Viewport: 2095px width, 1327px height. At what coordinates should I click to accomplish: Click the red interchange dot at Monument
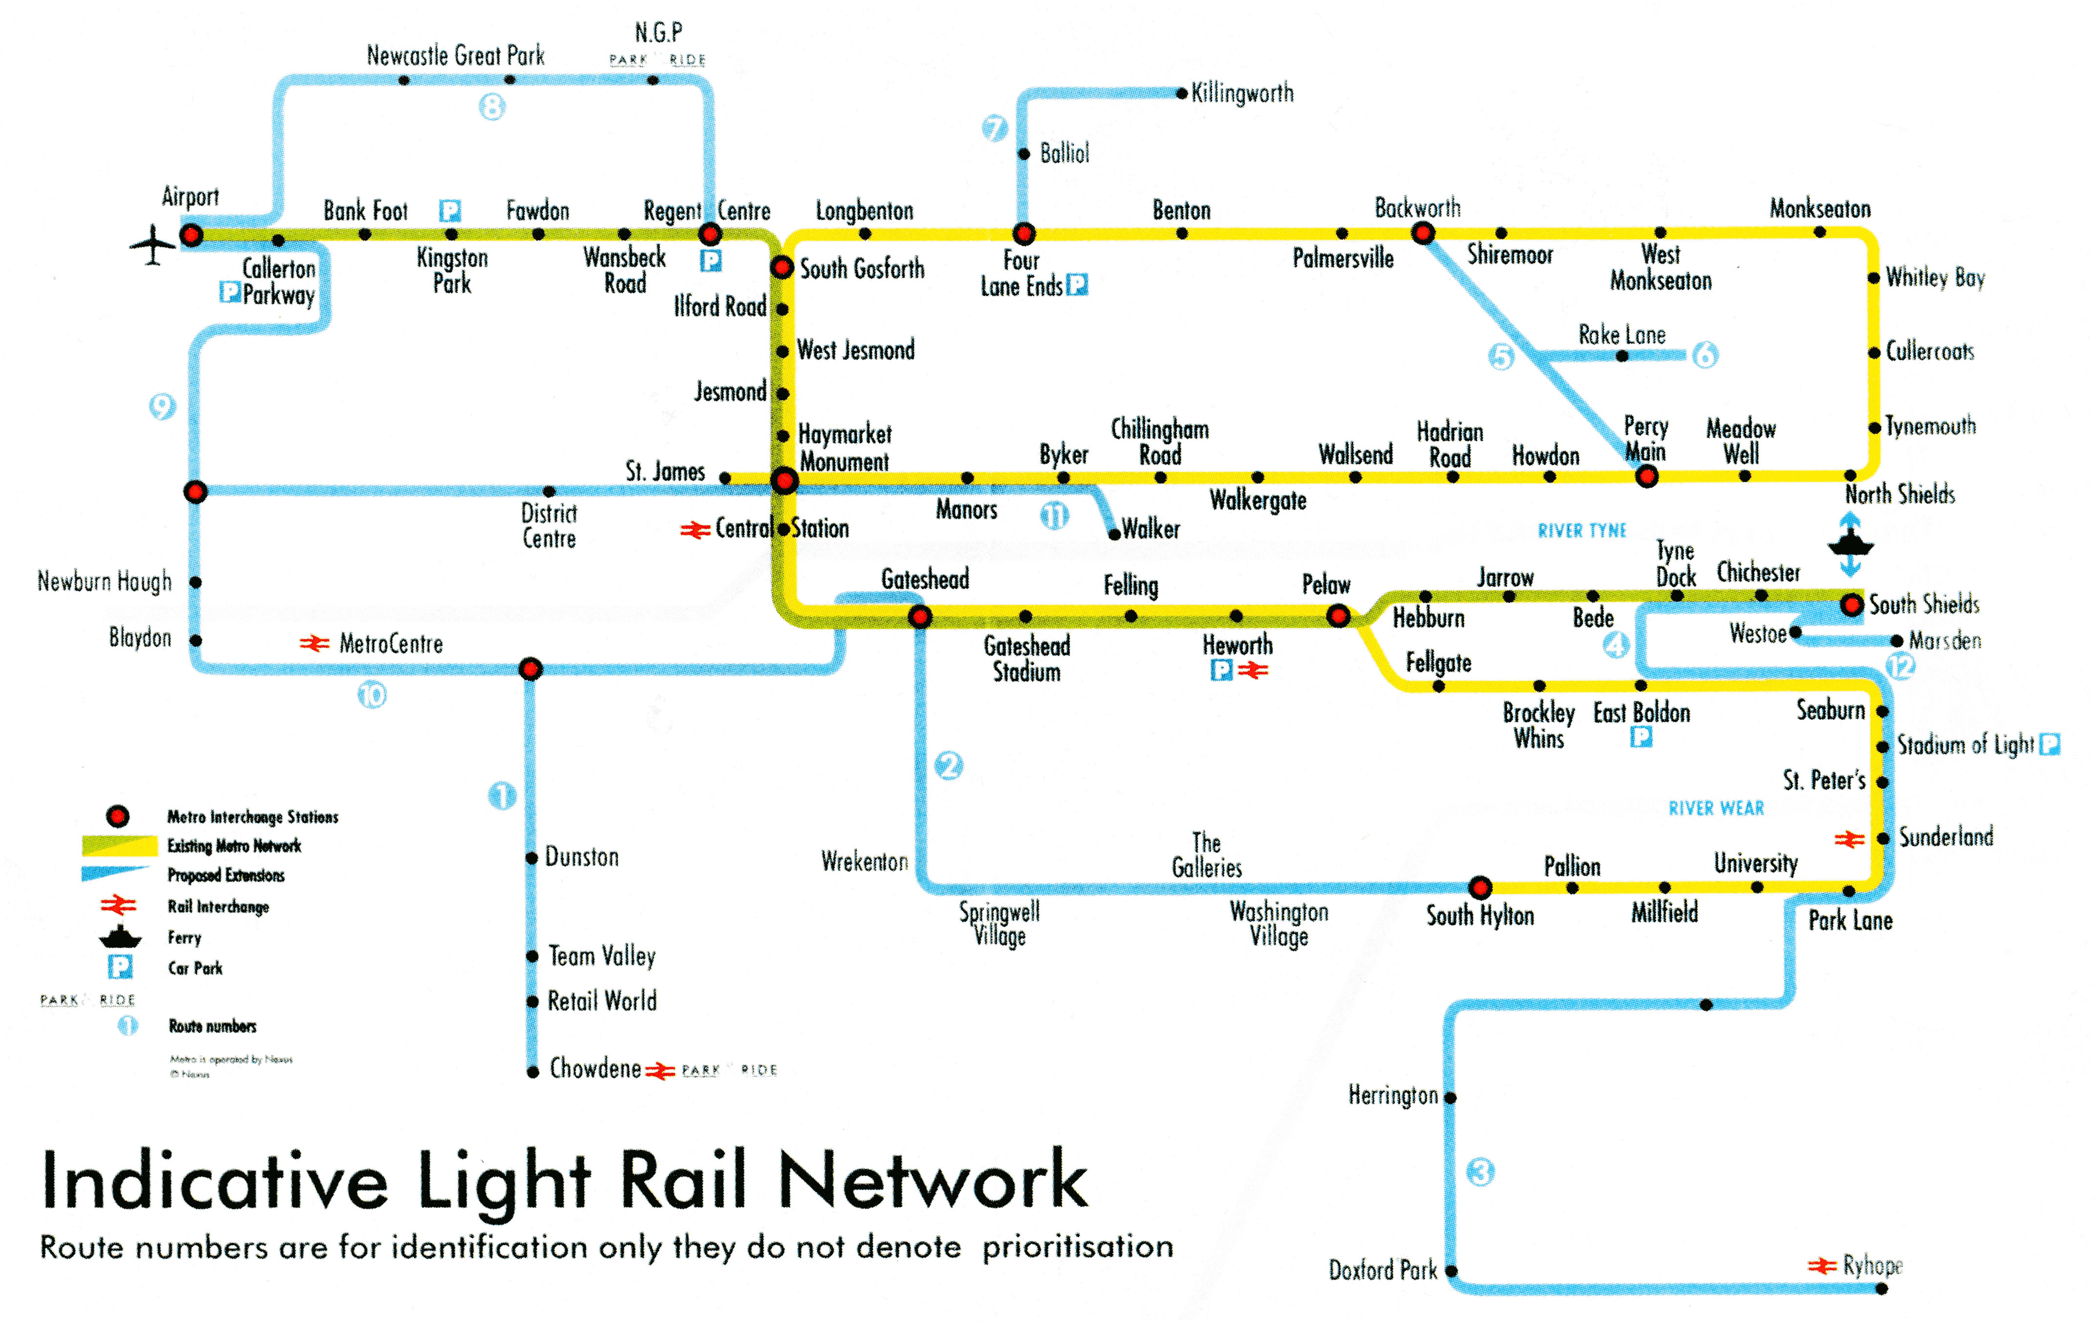(x=784, y=480)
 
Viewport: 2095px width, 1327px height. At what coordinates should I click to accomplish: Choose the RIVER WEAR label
(x=1716, y=809)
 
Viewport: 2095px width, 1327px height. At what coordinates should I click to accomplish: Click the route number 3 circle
(x=1481, y=1172)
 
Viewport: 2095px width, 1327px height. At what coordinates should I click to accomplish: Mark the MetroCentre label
(x=391, y=644)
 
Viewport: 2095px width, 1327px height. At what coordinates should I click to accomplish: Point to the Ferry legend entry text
(x=184, y=938)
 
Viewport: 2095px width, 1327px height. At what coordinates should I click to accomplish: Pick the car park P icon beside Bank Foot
(x=450, y=210)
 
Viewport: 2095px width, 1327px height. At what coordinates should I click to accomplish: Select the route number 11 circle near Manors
(x=1055, y=517)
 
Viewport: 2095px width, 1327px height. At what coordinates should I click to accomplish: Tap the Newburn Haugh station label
(x=104, y=582)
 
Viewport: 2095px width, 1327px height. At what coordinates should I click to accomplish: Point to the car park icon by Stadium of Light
(x=2050, y=744)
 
